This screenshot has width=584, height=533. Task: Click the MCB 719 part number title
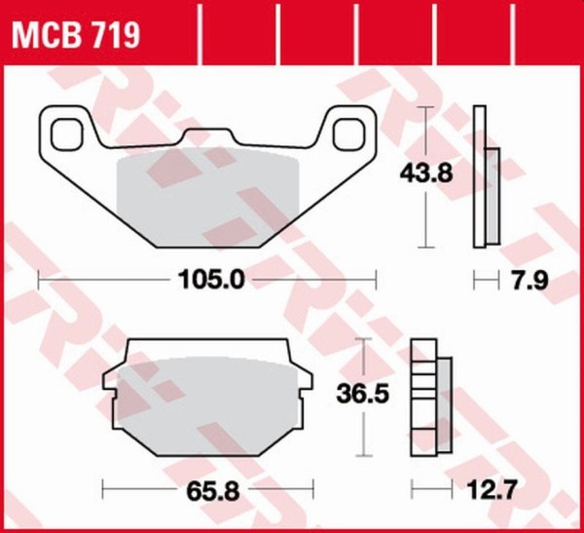[x=76, y=35]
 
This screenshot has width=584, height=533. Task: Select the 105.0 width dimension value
[x=211, y=280]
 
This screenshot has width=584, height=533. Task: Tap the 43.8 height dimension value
[x=426, y=173]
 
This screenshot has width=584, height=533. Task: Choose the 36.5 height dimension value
[x=362, y=394]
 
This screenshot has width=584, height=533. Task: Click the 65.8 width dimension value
[x=213, y=491]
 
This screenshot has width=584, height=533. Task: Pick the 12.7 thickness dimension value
[x=492, y=490]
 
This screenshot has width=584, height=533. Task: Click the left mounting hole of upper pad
[x=66, y=134]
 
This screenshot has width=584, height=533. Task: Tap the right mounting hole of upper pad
[x=348, y=134]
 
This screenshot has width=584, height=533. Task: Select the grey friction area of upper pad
[x=208, y=198]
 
